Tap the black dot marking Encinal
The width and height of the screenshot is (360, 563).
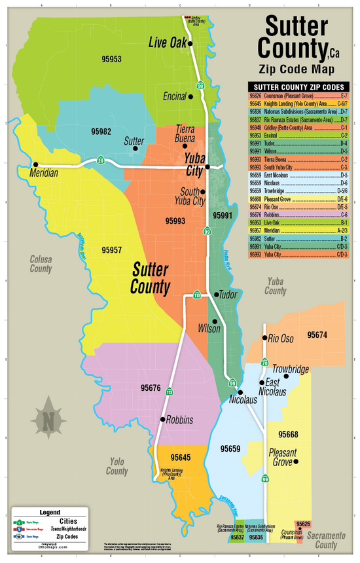(x=190, y=96)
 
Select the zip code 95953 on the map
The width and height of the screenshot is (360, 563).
(x=111, y=59)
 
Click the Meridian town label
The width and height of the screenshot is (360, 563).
(x=44, y=173)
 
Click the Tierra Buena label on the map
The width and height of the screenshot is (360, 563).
(x=185, y=134)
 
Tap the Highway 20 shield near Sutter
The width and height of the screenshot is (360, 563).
(x=101, y=160)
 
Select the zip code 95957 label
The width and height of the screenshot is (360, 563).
(x=112, y=249)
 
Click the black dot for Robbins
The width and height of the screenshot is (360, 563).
(x=163, y=419)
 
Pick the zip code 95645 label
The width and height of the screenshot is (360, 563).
(x=180, y=456)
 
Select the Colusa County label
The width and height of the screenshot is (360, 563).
(x=41, y=264)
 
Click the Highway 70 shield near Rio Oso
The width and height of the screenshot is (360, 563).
(x=264, y=362)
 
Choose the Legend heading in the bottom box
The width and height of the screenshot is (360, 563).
(x=50, y=512)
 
